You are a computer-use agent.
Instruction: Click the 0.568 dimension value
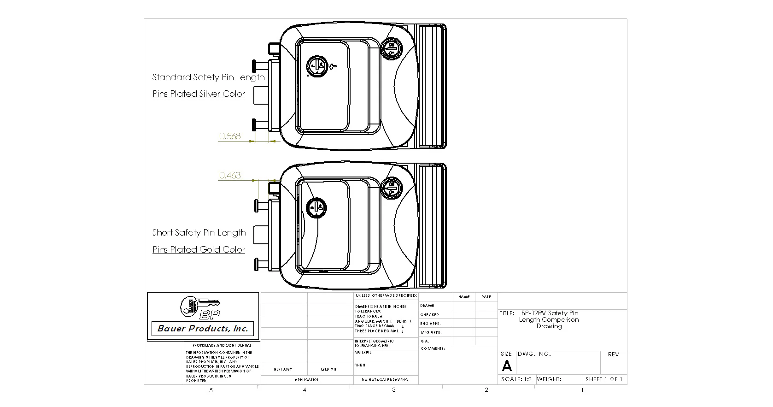[x=230, y=136]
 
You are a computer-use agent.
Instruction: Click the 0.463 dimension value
[x=230, y=175]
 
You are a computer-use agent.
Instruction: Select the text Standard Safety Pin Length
[x=208, y=77]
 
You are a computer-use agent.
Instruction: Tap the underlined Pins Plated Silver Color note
[x=199, y=94]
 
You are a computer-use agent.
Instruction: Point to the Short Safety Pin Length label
[x=199, y=232]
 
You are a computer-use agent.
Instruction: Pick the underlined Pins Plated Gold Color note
[x=199, y=249]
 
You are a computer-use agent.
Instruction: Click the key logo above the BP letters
[x=199, y=305]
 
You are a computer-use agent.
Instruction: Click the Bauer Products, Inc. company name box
[x=203, y=329]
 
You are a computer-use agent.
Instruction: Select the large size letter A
[x=507, y=366]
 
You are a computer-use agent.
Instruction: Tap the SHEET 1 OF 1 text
[x=603, y=379]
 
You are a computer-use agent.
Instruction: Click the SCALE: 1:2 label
[x=516, y=379]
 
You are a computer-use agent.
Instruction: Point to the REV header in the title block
[x=613, y=354]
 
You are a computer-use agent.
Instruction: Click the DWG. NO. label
[x=534, y=354]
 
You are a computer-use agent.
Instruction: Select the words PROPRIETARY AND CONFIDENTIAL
[x=222, y=345]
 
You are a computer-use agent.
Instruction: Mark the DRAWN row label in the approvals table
[x=427, y=306]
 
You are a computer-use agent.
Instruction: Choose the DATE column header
[x=486, y=297]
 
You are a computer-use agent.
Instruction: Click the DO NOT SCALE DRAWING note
[x=385, y=380]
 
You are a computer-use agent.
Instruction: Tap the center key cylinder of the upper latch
[x=317, y=66]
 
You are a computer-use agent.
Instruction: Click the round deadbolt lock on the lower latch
[x=392, y=188]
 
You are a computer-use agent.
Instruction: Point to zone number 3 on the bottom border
[x=394, y=390]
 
